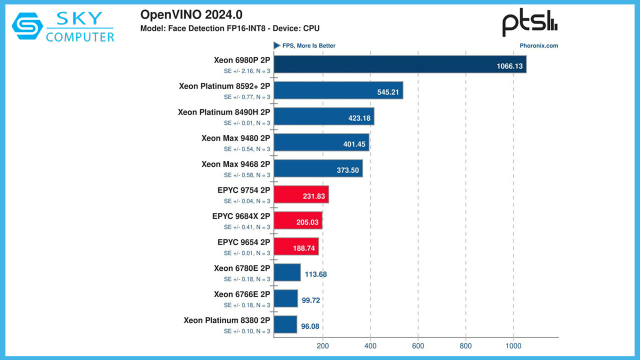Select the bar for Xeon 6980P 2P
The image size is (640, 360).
coord(400,64)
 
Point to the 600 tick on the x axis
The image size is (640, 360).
coord(418,345)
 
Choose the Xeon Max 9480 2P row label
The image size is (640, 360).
coord(235,138)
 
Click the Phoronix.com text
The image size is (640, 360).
coord(539,45)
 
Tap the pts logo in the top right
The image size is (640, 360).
coord(529,24)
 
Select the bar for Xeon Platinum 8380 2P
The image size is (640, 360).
coord(285,324)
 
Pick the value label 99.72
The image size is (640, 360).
coord(311,300)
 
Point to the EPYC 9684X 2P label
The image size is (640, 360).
coord(241,216)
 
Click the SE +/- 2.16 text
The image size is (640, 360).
coord(247,71)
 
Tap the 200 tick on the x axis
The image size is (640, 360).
coord(322,345)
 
